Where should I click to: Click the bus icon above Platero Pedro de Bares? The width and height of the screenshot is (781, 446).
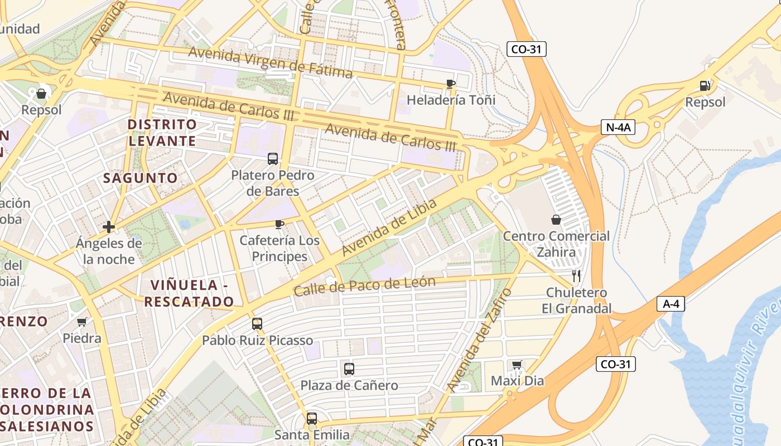click(272, 159)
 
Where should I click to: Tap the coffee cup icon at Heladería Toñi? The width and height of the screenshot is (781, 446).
click(451, 84)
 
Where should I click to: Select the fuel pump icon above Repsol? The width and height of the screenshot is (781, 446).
click(705, 86)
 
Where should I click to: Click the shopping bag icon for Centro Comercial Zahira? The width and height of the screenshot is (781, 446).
click(556, 220)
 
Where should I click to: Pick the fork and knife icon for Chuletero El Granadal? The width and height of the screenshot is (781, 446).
click(576, 275)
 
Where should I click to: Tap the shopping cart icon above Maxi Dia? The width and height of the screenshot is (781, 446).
click(517, 365)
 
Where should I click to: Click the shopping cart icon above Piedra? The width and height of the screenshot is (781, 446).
click(81, 322)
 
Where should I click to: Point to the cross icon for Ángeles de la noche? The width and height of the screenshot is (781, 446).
click(109, 227)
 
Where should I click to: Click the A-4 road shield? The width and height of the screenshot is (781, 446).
click(671, 304)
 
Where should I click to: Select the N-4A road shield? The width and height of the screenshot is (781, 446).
click(618, 127)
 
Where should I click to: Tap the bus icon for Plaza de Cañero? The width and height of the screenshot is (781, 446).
click(349, 369)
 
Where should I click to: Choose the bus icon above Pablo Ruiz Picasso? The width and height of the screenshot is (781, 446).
click(257, 323)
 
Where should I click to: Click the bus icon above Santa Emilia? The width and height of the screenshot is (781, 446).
click(312, 418)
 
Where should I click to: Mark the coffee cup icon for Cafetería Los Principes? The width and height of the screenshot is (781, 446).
click(279, 224)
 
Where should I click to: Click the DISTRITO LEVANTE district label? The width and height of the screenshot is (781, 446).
click(162, 132)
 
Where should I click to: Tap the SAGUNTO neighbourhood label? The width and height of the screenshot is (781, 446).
click(141, 178)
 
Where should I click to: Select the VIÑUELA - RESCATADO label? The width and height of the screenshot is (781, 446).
click(189, 293)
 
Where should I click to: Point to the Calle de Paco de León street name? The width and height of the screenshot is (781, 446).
click(364, 287)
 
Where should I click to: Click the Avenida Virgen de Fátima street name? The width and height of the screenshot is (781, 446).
click(270, 62)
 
